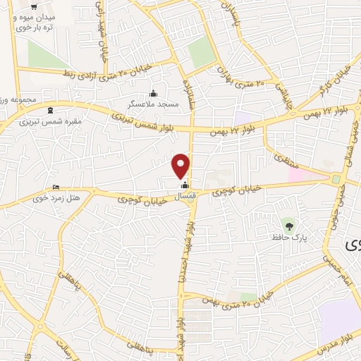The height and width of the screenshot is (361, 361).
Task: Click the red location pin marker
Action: click(x=181, y=165)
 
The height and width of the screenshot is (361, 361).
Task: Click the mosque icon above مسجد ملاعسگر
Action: click(x=154, y=94)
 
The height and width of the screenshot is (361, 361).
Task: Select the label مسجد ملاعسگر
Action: click(x=154, y=104)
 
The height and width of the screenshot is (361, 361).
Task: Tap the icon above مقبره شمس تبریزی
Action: click(x=49, y=111)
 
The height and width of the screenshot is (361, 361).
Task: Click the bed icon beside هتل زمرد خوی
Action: click(x=56, y=188)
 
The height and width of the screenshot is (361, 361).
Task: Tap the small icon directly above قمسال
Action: click(x=185, y=185)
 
